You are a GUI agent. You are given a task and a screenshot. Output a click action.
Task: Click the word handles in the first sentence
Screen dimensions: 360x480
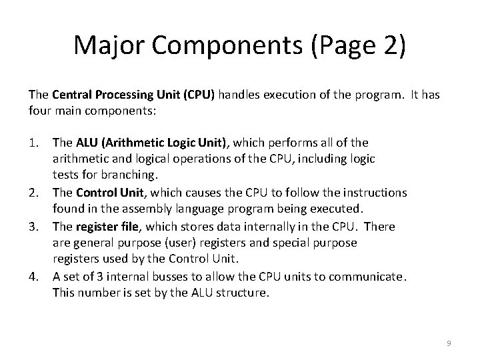pos(236,95)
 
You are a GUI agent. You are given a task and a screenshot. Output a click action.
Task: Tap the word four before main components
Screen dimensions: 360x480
pos(38,112)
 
